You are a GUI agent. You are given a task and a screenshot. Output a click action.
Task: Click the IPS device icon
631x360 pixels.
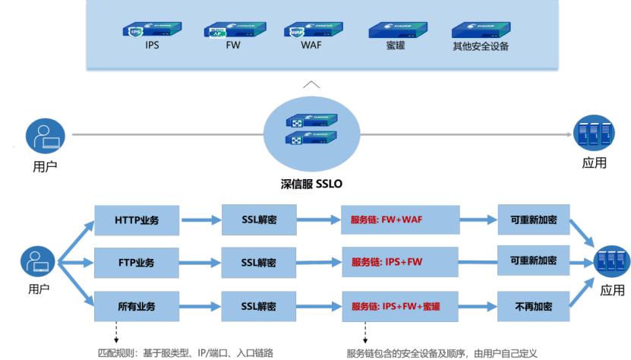(144, 30)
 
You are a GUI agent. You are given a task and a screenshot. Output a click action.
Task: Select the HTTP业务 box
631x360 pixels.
(137, 219)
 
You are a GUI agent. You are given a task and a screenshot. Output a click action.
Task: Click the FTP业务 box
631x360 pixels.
(137, 263)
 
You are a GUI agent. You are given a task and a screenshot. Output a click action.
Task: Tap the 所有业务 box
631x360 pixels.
(137, 306)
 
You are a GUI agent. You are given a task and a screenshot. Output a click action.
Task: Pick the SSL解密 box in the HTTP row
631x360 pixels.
(258, 219)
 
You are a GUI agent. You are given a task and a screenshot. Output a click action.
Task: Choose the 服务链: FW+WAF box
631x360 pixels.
(399, 219)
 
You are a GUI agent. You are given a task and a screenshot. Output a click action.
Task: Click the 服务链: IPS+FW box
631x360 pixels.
(399, 263)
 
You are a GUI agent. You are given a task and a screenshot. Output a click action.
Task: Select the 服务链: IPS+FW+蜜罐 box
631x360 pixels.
(399, 306)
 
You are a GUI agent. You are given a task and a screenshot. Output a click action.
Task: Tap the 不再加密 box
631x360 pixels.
(534, 305)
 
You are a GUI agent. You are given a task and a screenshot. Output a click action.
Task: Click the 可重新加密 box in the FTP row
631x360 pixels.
(534, 261)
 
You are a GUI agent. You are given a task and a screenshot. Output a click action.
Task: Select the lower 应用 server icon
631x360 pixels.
(612, 263)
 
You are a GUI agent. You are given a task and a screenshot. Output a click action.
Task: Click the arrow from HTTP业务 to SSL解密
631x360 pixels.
(200, 220)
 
